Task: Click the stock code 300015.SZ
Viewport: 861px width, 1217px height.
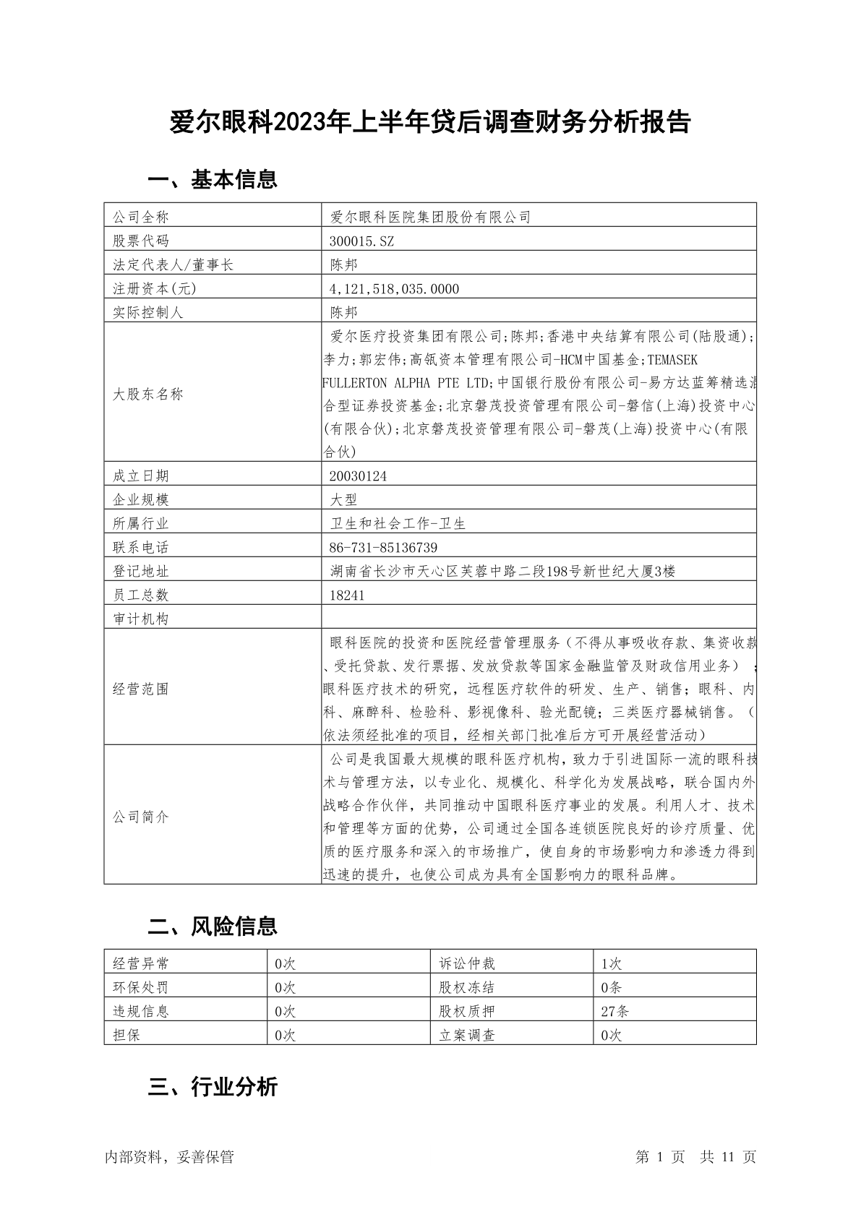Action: point(362,241)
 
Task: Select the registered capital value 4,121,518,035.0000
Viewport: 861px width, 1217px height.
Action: point(394,289)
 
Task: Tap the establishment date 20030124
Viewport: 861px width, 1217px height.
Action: point(357,476)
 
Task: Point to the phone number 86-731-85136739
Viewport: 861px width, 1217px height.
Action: point(384,548)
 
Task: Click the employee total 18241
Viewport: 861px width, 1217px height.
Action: point(347,595)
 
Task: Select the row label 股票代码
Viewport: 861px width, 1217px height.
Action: point(140,241)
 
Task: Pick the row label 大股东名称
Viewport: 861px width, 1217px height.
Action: point(148,395)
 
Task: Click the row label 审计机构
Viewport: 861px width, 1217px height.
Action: point(140,619)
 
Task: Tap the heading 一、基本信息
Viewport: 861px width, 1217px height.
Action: point(213,179)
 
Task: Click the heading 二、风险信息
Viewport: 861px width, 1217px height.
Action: point(213,926)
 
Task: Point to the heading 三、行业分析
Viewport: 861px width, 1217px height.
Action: point(213,1087)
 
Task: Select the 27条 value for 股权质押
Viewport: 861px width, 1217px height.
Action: point(614,1011)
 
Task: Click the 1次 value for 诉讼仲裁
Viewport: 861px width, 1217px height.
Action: point(611,963)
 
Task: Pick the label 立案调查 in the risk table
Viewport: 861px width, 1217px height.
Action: point(467,1035)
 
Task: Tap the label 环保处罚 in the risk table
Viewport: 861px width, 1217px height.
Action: point(140,987)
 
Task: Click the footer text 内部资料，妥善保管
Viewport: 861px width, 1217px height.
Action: point(169,1157)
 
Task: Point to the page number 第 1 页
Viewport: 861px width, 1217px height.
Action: point(660,1157)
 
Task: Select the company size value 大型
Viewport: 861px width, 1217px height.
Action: point(343,500)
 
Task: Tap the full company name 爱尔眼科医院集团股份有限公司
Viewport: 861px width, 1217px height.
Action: point(430,217)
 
